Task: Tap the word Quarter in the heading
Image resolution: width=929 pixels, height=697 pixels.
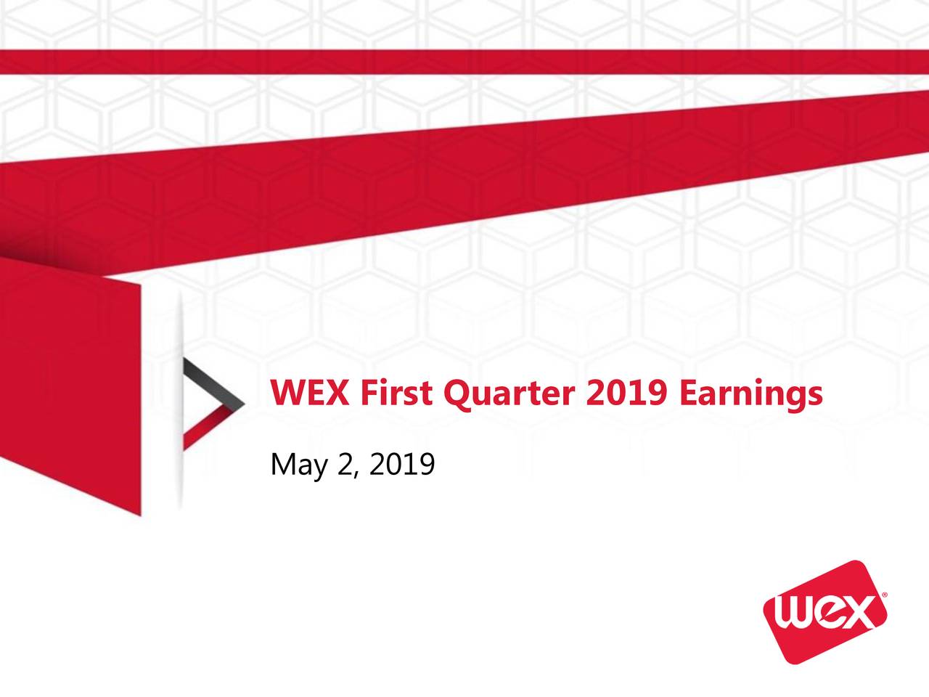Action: (x=509, y=394)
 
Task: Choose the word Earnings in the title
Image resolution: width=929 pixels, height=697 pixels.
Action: (x=751, y=394)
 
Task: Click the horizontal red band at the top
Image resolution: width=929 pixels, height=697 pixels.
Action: (x=464, y=61)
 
